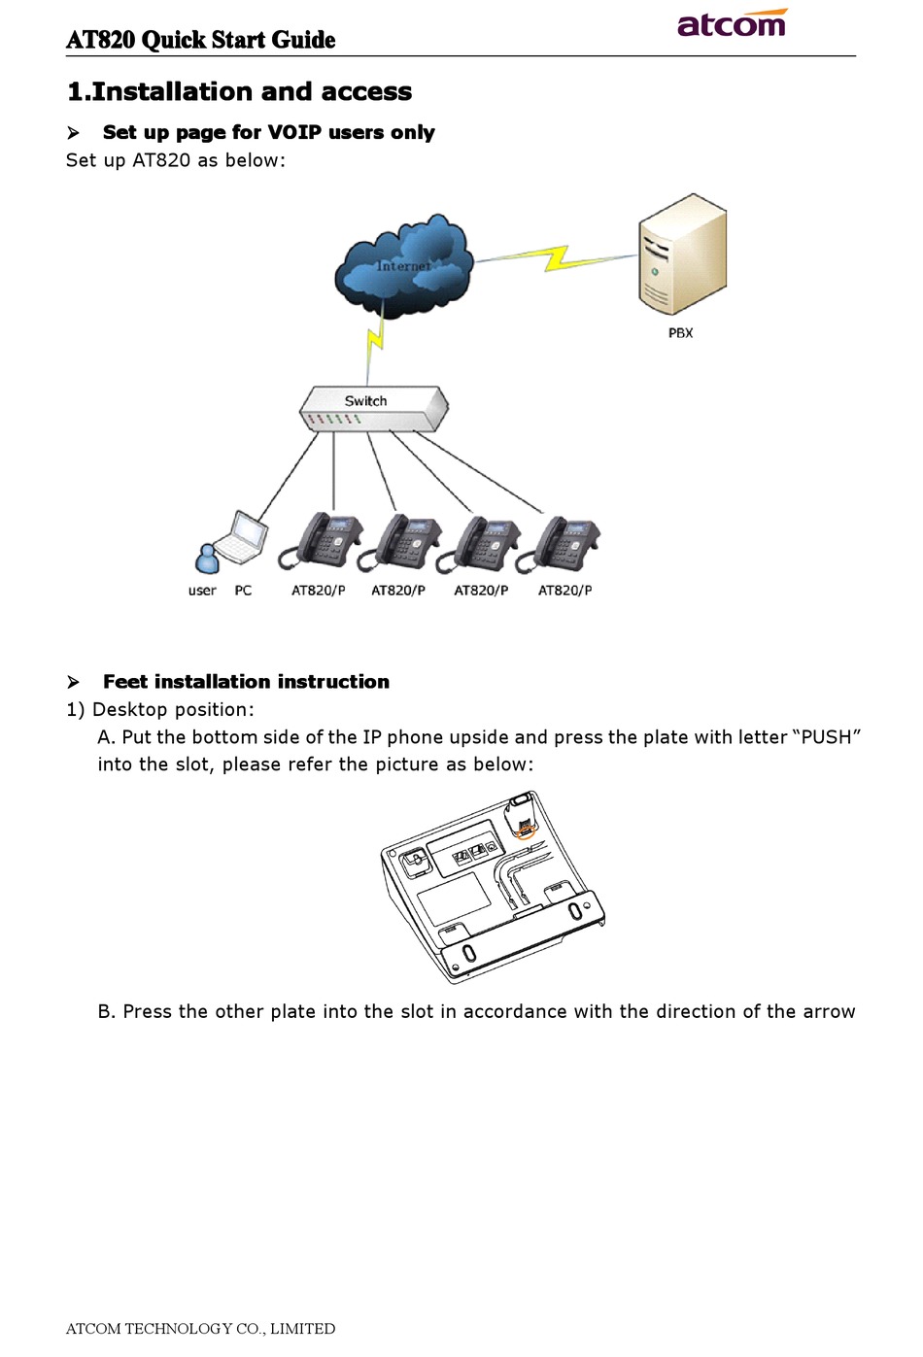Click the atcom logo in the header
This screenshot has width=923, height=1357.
[x=732, y=22]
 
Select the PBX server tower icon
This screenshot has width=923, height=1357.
[x=682, y=254]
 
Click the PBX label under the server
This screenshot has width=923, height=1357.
[x=680, y=332]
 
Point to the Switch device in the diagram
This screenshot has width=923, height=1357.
[x=374, y=408]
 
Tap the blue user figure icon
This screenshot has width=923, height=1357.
[x=207, y=558]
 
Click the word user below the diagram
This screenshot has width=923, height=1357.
[x=202, y=591]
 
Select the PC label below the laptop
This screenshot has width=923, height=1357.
[x=243, y=591]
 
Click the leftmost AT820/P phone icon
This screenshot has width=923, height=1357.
[x=320, y=540]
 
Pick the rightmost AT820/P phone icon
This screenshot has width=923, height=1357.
[x=558, y=543]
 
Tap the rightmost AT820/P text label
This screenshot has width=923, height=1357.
[x=564, y=591]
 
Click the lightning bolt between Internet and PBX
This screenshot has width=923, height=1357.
[x=556, y=258]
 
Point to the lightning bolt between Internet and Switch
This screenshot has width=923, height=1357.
[x=375, y=341]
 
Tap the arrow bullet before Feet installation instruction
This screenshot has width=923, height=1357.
[x=73, y=682]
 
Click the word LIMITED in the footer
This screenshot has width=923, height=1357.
[x=302, y=1329]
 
